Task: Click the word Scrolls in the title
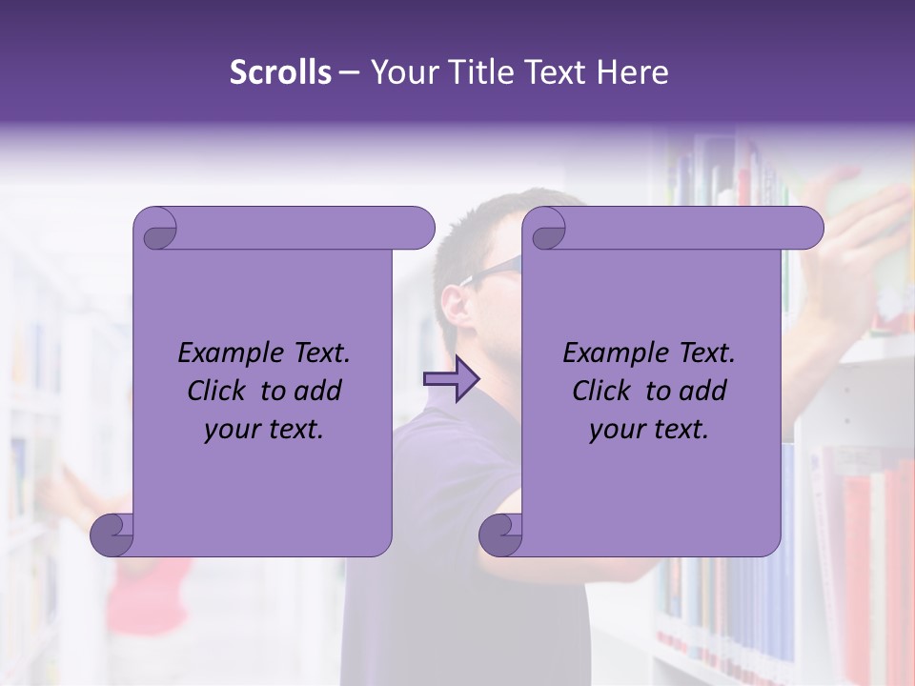280,72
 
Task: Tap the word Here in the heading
633,72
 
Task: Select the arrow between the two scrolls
451,378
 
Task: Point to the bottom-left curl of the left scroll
112,535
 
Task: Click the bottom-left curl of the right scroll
500,535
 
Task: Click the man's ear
457,304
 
